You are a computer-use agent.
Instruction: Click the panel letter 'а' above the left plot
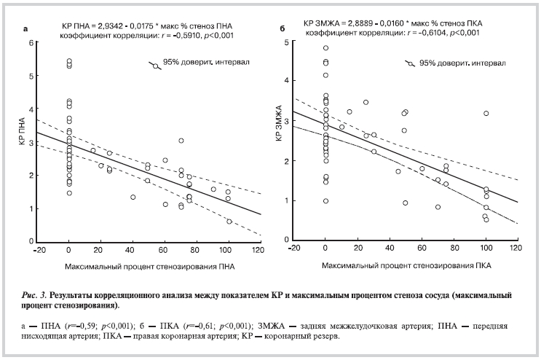26,30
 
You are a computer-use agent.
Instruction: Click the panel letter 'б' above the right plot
283,30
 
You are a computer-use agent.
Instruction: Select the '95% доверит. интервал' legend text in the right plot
454,63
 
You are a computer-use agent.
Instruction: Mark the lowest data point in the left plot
229,222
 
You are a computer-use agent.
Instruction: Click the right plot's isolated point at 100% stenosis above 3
486,113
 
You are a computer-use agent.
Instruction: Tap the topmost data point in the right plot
325,48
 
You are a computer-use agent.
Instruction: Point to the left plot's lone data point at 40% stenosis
133,197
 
